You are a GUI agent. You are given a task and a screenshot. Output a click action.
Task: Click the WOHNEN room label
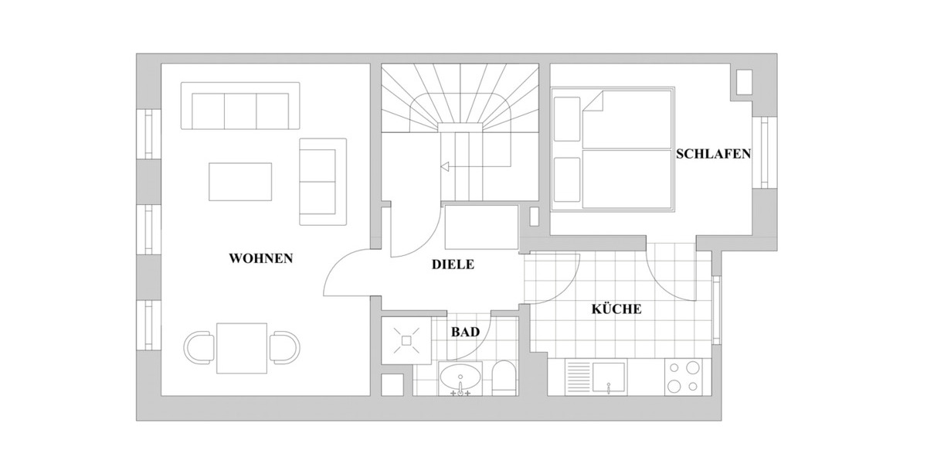click(x=261, y=258)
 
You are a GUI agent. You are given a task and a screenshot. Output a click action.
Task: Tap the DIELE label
click(x=452, y=264)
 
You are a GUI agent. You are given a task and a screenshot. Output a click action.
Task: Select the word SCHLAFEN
click(x=713, y=154)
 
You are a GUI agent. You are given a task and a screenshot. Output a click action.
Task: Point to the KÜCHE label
click(x=616, y=309)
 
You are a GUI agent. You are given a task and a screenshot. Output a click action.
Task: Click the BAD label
click(x=465, y=332)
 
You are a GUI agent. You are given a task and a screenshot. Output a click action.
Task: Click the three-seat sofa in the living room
click(x=239, y=106)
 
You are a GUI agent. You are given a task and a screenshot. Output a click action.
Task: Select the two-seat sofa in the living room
click(x=322, y=182)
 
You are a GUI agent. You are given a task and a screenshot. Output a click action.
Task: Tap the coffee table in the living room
click(x=240, y=182)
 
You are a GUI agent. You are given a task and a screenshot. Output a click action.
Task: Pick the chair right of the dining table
click(x=284, y=348)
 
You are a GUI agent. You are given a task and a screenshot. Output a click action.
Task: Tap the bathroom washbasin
click(x=461, y=380)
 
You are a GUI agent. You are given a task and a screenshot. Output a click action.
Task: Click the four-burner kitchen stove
click(x=683, y=378)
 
